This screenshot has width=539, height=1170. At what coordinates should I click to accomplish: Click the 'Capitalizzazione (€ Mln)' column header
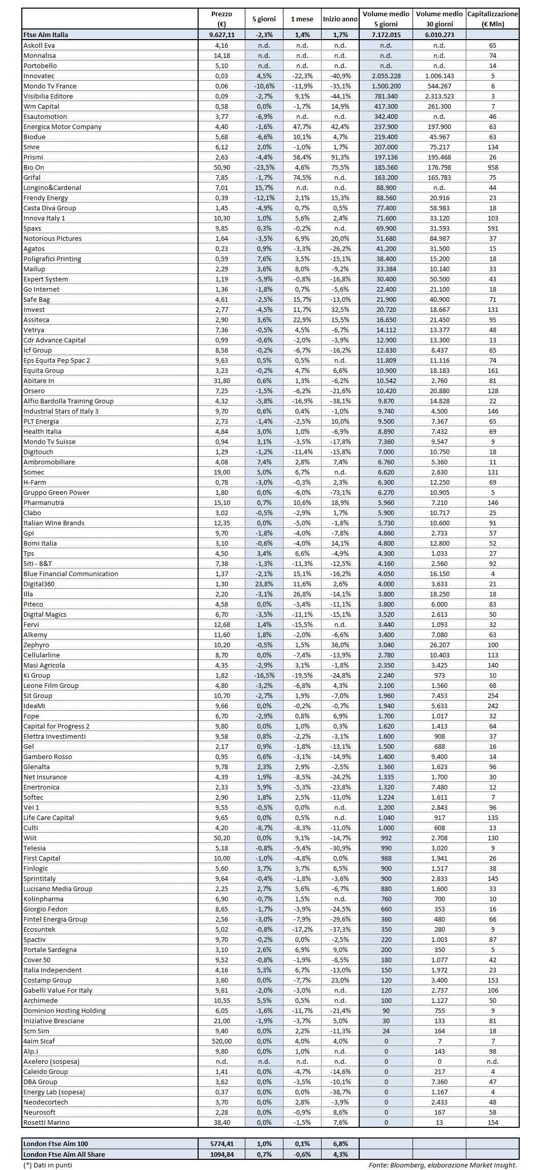(492, 19)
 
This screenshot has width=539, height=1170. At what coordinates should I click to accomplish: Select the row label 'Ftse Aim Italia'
(46, 35)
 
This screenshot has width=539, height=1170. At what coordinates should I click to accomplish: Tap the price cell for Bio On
(221, 167)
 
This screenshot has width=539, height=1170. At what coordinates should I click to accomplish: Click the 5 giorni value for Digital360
(264, 584)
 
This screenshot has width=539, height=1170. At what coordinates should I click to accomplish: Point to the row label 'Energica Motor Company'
(62, 127)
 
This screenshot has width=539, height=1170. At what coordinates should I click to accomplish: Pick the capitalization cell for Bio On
(492, 167)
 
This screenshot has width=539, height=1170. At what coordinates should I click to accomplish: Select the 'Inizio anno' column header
(340, 19)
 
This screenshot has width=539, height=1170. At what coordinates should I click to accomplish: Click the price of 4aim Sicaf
(221, 1041)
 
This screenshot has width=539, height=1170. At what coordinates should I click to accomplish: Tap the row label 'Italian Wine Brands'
(54, 523)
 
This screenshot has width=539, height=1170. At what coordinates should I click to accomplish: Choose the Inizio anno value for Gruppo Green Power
(340, 492)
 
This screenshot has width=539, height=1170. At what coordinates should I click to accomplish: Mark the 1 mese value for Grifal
(302, 177)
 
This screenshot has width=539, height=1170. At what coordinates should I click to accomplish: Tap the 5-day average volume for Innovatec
(386, 76)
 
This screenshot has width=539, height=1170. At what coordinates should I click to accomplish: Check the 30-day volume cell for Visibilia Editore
(439, 96)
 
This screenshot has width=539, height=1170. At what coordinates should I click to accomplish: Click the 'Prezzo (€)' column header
(221, 19)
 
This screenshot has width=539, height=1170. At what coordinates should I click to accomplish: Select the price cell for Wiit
(221, 838)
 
